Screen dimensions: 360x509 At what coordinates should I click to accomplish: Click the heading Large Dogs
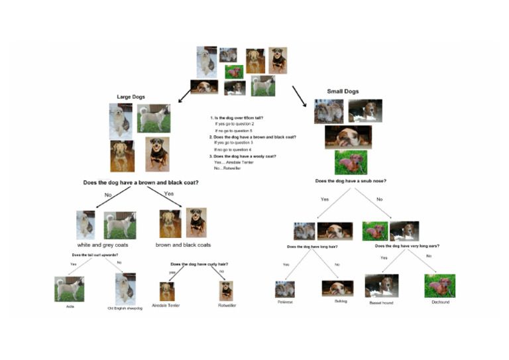[131, 97]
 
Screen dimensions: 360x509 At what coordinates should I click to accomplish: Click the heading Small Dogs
[343, 91]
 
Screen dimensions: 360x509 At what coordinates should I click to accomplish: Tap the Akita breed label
[70, 307]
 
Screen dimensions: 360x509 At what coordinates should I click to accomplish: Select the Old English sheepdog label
[125, 308]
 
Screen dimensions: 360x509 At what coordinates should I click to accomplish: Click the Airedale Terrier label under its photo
[166, 306]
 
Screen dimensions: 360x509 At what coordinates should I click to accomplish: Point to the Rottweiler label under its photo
[227, 306]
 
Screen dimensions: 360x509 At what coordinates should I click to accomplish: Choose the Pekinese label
[285, 302]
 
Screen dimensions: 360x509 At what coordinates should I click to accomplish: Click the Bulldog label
[337, 301]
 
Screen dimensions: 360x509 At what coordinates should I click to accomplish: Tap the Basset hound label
[382, 302]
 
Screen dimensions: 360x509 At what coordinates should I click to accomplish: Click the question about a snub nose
[351, 181]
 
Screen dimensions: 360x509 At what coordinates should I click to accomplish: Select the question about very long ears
[406, 246]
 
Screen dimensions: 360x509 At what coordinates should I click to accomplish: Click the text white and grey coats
[103, 245]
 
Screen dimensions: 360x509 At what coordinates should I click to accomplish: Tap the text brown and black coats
[183, 245]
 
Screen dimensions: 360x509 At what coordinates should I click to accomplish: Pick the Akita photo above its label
[69, 289]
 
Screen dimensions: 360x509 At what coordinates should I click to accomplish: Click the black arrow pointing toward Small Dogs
[300, 95]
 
